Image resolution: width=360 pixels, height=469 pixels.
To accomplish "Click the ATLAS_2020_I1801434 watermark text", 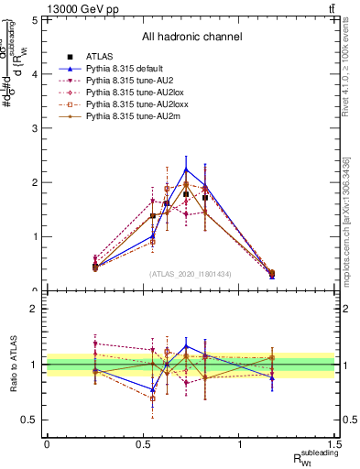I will pos(191,274).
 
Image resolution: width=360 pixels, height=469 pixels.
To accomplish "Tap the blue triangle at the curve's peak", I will pos(186,169).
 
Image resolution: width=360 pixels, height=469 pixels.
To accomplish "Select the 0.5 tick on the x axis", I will pos(143,447).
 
